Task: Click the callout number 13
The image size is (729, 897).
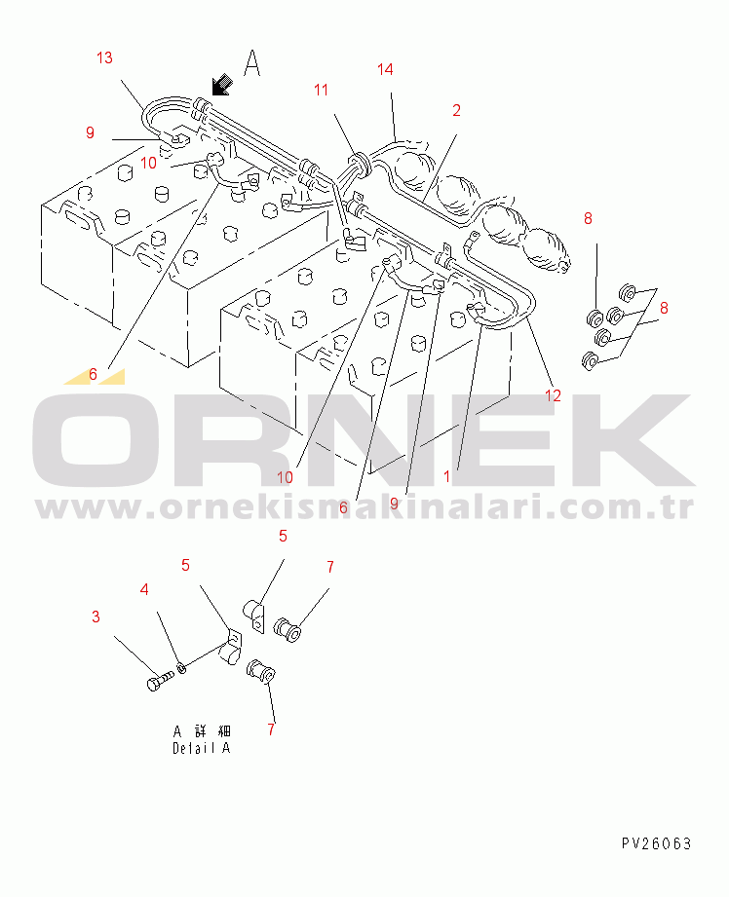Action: pos(104,58)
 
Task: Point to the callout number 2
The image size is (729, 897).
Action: pos(456,109)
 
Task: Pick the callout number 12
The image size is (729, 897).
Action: pos(554,395)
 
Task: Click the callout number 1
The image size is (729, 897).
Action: pos(447,476)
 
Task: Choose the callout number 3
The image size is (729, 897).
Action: pos(96,617)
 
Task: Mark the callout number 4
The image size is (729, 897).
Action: pos(144,589)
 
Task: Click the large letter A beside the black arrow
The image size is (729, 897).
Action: pos(252,64)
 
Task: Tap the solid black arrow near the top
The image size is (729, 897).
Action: pos(221,87)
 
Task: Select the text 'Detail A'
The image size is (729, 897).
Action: pos(201,748)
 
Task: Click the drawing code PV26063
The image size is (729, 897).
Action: pos(656,843)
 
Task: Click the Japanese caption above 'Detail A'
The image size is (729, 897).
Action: pos(202,730)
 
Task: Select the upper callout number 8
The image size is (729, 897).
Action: pos(588,218)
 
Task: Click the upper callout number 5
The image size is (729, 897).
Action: pos(284,536)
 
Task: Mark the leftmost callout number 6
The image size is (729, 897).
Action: pos(93,374)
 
